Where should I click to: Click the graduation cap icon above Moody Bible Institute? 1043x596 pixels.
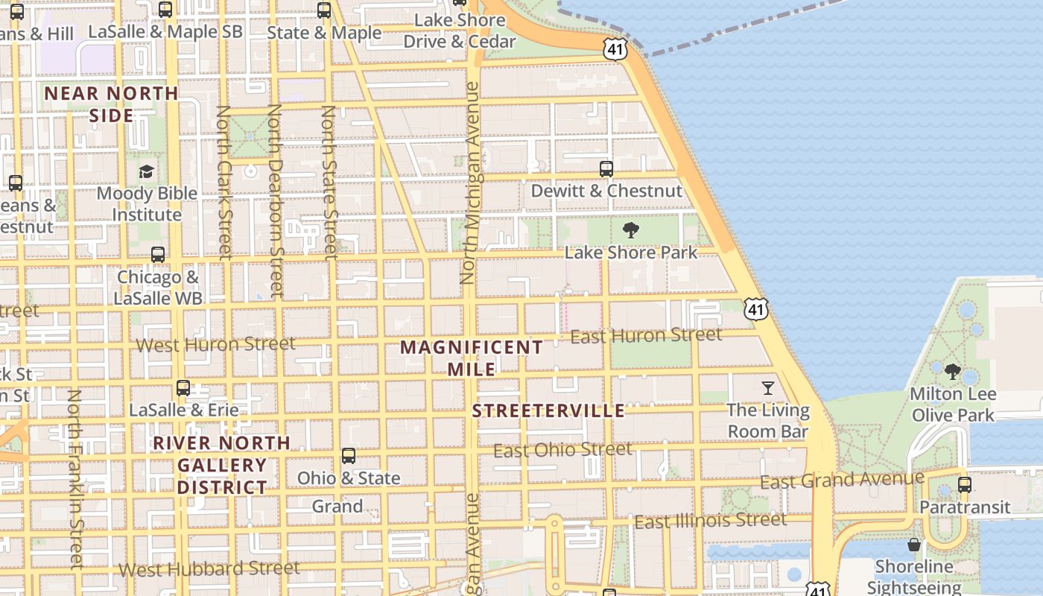pyautogui.click(x=146, y=171)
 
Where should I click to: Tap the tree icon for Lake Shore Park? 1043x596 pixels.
pyautogui.click(x=630, y=230)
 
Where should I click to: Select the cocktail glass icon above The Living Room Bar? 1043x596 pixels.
pyautogui.click(x=768, y=387)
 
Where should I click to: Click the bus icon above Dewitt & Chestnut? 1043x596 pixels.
pyautogui.click(x=606, y=169)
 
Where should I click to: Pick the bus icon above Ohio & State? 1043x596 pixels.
pyautogui.click(x=348, y=456)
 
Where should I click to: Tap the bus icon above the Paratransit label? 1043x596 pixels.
pyautogui.click(x=965, y=485)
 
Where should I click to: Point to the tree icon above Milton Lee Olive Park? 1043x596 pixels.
pyautogui.click(x=952, y=371)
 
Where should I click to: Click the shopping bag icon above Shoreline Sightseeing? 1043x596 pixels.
pyautogui.click(x=914, y=545)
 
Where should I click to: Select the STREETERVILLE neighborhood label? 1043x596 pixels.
pyautogui.click(x=549, y=411)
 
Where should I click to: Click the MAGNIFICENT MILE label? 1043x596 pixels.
pyautogui.click(x=472, y=358)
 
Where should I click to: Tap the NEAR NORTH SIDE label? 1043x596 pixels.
pyautogui.click(x=112, y=104)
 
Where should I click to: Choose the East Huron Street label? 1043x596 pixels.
pyautogui.click(x=646, y=336)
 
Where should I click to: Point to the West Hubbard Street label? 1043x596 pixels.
pyautogui.click(x=209, y=569)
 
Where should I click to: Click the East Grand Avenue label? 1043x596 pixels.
pyautogui.click(x=842, y=481)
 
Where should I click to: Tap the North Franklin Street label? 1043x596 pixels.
pyautogui.click(x=74, y=479)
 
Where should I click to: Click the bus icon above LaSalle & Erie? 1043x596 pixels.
pyautogui.click(x=183, y=388)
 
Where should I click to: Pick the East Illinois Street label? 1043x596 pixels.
pyautogui.click(x=710, y=521)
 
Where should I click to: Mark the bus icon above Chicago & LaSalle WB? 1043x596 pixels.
pyautogui.click(x=158, y=255)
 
